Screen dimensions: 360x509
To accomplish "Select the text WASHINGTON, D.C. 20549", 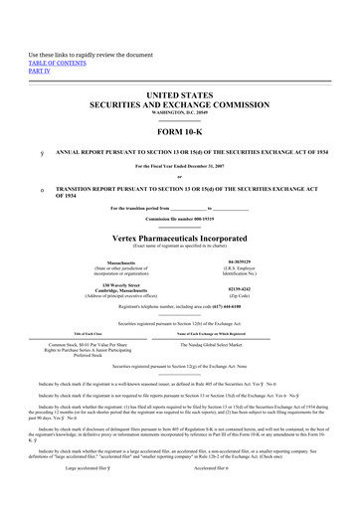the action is coord(181,114).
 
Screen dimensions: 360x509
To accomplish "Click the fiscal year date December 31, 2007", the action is coord(203,168).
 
